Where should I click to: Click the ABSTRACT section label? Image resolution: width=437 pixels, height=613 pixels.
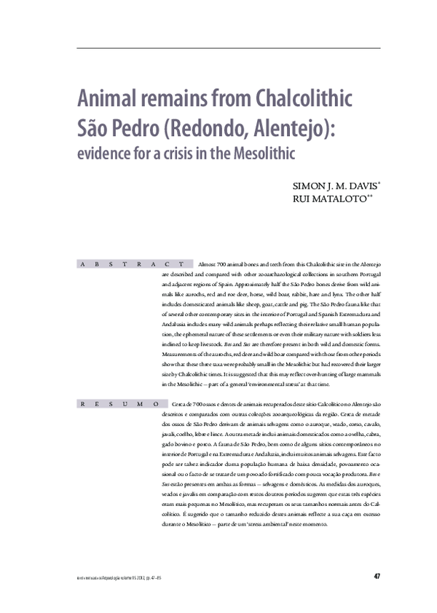coord(131,263)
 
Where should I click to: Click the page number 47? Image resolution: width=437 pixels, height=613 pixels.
coord(377,577)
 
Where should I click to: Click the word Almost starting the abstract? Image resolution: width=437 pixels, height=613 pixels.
coord(208,263)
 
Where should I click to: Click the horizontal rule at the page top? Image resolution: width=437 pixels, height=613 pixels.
coord(228,49)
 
